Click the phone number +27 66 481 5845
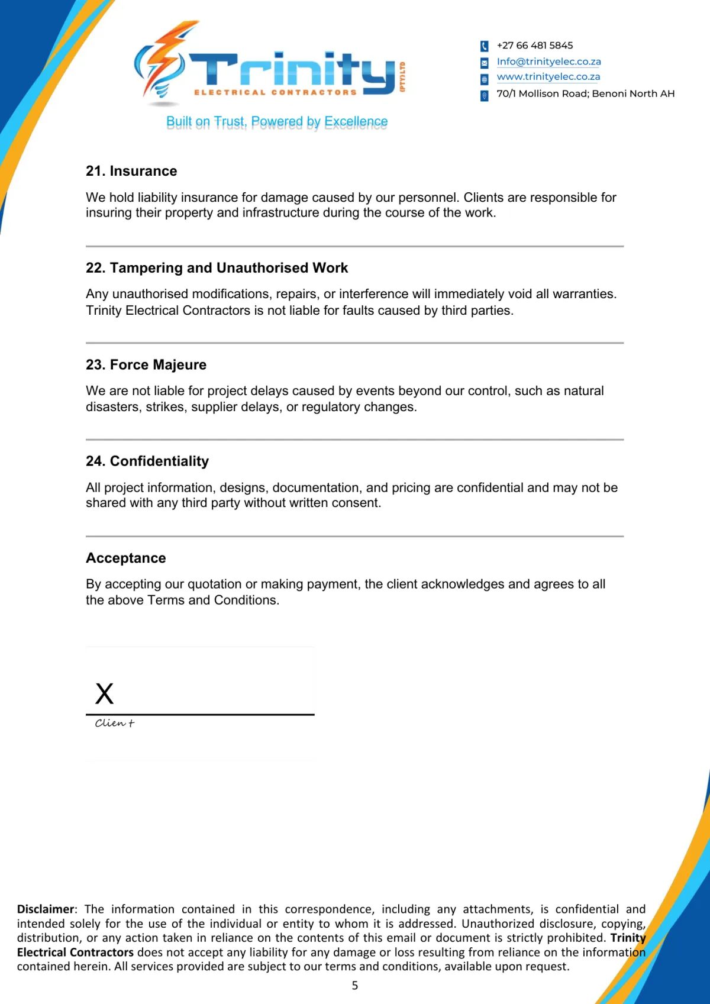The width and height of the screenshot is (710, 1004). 534,46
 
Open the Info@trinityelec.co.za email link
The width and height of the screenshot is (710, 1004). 548,62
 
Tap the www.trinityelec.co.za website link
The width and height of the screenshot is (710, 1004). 548,77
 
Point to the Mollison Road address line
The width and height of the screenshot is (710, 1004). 585,93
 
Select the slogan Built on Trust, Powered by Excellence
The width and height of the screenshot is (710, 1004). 277,122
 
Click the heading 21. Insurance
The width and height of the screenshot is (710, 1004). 131,171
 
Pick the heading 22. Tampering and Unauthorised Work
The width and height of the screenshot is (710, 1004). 217,268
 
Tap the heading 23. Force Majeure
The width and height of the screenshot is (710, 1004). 146,364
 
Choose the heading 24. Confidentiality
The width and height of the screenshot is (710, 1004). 147,461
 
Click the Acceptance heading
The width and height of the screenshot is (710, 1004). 126,558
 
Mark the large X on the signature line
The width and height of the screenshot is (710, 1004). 105,693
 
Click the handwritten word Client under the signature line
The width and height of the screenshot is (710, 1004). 115,723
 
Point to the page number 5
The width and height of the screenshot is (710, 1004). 355,985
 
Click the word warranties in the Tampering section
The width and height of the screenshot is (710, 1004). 583,294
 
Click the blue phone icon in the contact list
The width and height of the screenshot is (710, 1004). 484,46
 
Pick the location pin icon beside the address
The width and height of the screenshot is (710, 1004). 484,95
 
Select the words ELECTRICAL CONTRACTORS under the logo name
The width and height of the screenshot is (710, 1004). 275,92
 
